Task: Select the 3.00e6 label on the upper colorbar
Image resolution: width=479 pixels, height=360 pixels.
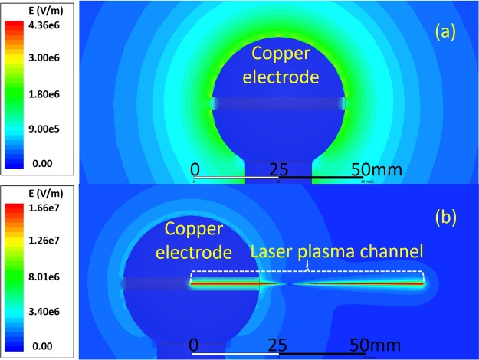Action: (x=52, y=57)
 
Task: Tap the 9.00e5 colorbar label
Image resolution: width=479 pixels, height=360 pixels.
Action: (x=52, y=129)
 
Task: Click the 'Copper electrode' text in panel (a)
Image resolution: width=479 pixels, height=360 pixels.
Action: (x=280, y=65)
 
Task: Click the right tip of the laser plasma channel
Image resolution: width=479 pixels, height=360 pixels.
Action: (x=424, y=283)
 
